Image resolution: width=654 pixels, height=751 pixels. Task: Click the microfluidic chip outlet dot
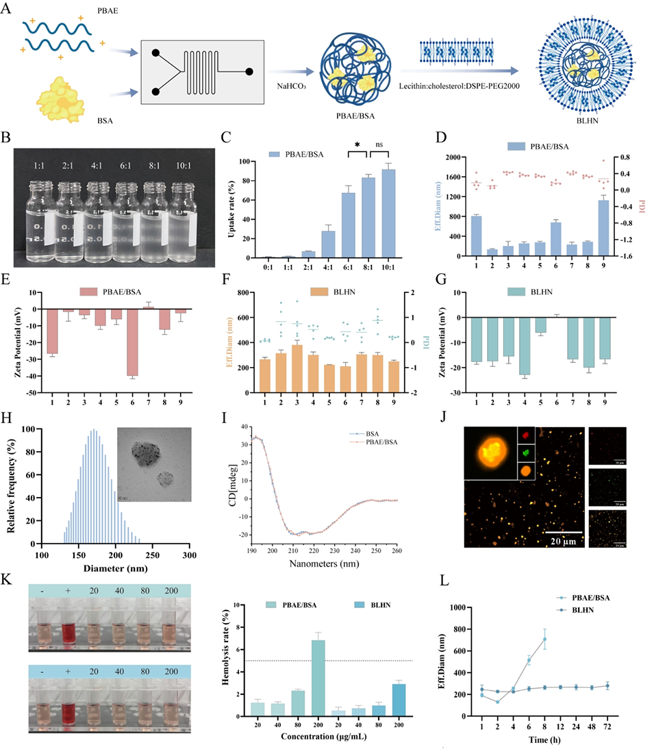click(x=249, y=71)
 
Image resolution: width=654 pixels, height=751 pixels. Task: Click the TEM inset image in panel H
click(x=153, y=466)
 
